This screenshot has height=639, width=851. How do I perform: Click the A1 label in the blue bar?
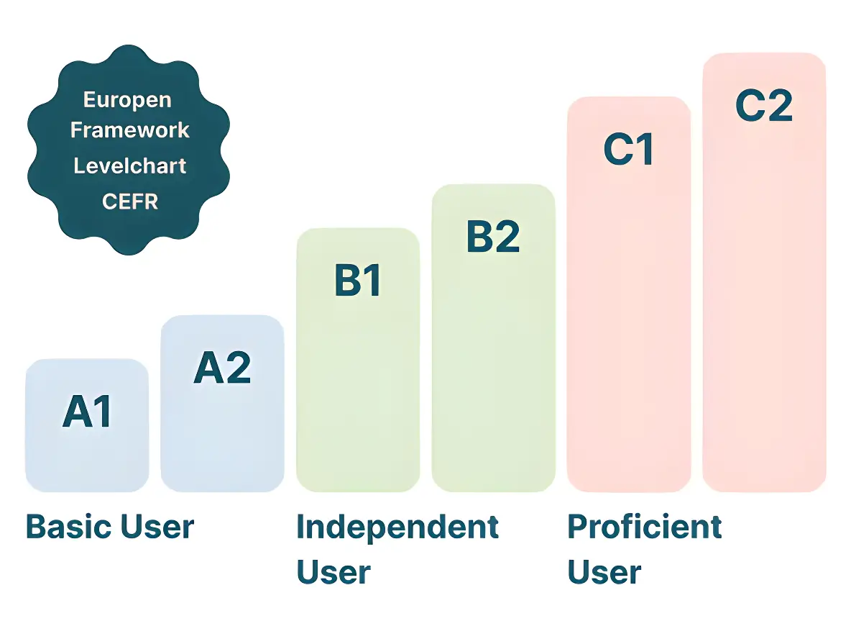tap(88, 412)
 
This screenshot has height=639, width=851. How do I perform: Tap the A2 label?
tap(223, 368)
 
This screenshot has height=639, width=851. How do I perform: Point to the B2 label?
tap(493, 237)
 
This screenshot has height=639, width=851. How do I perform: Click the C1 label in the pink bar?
tap(629, 149)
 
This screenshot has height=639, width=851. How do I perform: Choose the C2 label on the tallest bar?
tap(764, 106)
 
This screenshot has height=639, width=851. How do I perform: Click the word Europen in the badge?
tap(127, 99)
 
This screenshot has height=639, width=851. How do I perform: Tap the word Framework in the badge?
tap(130, 130)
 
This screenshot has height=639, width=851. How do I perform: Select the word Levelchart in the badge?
tap(130, 166)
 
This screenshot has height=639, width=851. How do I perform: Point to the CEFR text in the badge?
tap(130, 201)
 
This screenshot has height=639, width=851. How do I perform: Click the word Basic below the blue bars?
tap(66, 527)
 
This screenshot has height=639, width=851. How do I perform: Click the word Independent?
tap(397, 527)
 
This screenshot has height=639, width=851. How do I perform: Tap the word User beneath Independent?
tap(333, 573)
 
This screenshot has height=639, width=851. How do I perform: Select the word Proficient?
tap(645, 527)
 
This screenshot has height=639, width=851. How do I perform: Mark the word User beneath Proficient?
tap(604, 573)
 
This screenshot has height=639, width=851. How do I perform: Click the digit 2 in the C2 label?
tap(780, 106)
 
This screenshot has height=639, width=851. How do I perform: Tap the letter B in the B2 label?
tap(480, 237)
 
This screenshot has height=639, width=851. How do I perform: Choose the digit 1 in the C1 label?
tap(644, 149)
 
